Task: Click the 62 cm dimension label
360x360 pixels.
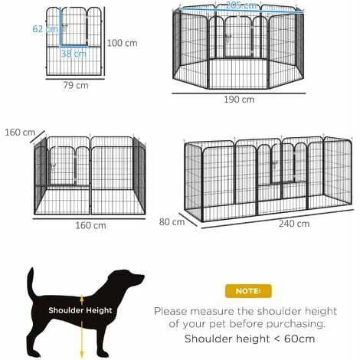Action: point(45,29)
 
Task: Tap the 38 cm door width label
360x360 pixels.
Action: point(74,54)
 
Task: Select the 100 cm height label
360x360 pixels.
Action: point(122,43)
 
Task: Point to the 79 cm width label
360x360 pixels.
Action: point(76,85)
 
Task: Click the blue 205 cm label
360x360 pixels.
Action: point(241,5)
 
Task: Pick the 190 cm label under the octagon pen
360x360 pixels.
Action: point(239,100)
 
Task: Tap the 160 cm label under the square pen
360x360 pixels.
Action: point(90,225)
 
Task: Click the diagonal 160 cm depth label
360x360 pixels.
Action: point(20,133)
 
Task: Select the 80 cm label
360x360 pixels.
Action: point(172,222)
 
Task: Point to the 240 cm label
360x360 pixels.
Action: point(294,224)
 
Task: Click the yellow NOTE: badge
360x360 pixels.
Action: point(248,291)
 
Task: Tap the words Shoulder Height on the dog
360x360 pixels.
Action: point(80,310)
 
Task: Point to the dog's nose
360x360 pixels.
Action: point(142,277)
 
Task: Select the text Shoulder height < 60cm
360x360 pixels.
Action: point(250,339)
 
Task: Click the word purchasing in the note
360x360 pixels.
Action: point(296,324)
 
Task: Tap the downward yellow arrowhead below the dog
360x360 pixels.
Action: point(82,354)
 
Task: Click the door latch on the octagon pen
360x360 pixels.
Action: point(227,39)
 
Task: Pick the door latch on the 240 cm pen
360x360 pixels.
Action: point(275,165)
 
